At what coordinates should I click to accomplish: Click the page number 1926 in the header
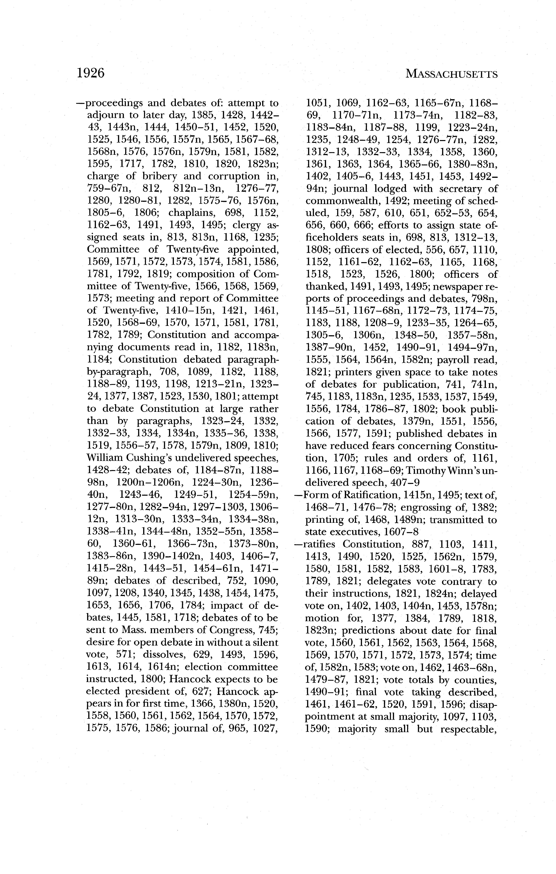click(x=90, y=73)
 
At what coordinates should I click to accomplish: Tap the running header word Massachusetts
click(x=451, y=74)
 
